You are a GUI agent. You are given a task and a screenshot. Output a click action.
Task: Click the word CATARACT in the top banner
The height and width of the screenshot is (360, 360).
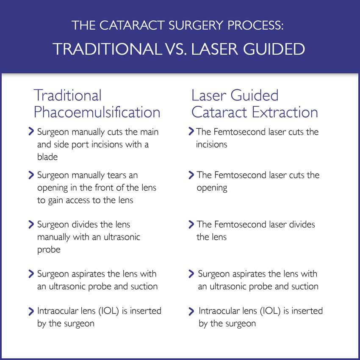[x=132, y=25]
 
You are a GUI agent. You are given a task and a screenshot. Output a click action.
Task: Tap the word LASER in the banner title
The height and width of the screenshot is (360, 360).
[x=214, y=49]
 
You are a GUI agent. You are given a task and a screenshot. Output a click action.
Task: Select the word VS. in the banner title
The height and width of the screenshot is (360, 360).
[x=176, y=49]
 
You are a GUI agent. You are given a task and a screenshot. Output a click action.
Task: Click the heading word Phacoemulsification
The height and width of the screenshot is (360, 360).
[x=97, y=112]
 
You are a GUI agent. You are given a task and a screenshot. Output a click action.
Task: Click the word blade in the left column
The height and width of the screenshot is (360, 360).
[x=47, y=157]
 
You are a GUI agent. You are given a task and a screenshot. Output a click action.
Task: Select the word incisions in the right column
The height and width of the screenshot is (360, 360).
[x=211, y=144]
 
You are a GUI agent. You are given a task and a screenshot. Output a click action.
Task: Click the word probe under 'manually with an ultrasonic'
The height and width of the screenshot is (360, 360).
[x=49, y=250]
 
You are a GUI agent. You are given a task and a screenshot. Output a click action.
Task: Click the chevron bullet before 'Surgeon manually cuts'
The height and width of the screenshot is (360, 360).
[x=31, y=131]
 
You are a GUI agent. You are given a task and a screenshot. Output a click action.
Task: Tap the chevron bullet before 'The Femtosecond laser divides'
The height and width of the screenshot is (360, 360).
[x=191, y=224]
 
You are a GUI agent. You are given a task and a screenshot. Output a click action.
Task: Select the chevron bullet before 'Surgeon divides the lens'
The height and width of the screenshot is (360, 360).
[x=31, y=224]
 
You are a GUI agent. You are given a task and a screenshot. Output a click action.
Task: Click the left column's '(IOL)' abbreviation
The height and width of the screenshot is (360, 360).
[x=108, y=311]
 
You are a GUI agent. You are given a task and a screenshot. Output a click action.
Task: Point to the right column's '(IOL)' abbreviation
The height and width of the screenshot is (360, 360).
[x=270, y=311]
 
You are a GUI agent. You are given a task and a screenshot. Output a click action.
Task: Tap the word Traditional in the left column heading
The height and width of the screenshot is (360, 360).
[x=67, y=95]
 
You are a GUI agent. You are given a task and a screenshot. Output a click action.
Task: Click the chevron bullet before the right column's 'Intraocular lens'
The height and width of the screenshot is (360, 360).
[x=191, y=311]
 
